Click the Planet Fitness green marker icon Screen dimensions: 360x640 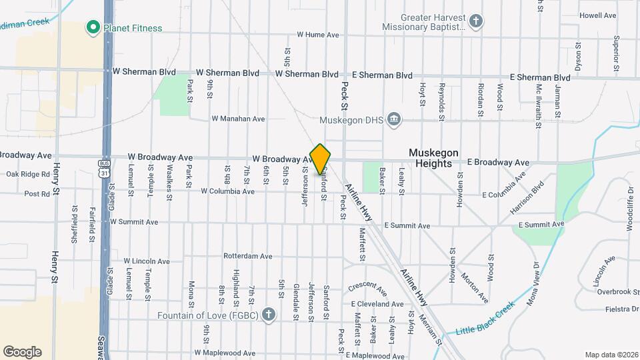pyautogui.click(x=93, y=27)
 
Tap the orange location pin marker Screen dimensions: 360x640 pyautogui.click(x=321, y=159)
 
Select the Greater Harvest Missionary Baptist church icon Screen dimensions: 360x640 pyautogui.click(x=476, y=21)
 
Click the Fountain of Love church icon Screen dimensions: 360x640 pyautogui.click(x=269, y=315)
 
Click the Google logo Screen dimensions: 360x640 pyautogui.click(x=22, y=352)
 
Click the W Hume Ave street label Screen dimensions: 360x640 pyautogui.click(x=318, y=34)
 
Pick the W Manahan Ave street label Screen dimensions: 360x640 pyautogui.click(x=238, y=119)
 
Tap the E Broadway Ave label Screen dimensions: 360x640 pyautogui.click(x=498, y=162)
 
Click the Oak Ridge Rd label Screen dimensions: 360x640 pyautogui.click(x=28, y=174)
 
